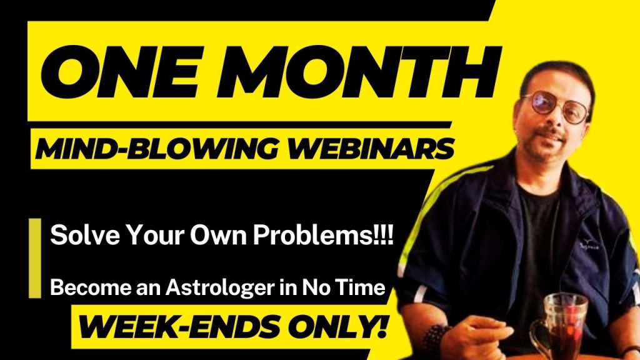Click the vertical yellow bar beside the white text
point(35,258)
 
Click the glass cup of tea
point(561,326)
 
